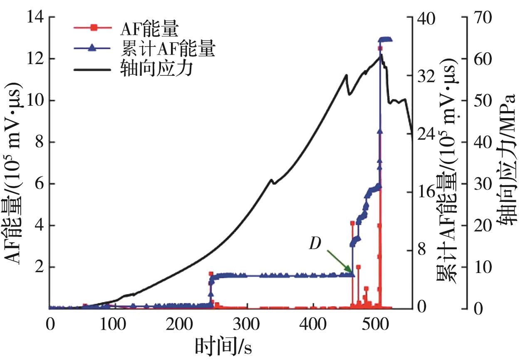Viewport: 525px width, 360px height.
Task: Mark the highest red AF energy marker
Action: pyautogui.click(x=380, y=48)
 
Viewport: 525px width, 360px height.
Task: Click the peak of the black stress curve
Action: pyautogui.click(x=380, y=55)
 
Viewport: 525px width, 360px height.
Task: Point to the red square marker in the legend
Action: pyautogui.click(x=94, y=28)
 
